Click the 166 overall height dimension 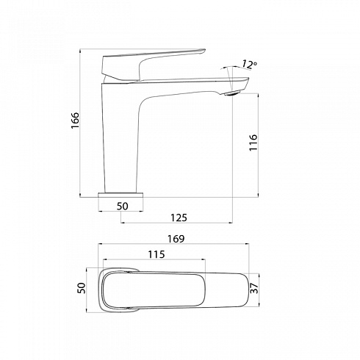click(75, 120)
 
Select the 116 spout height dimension click(253, 143)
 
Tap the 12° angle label click(249, 64)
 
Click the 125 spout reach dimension click(179, 217)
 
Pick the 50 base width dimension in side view click(122, 206)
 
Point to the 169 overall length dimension click(176, 239)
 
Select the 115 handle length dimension click(156, 254)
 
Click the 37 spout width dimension click(254, 288)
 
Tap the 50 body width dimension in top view click(82, 288)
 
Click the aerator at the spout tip click(232, 93)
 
